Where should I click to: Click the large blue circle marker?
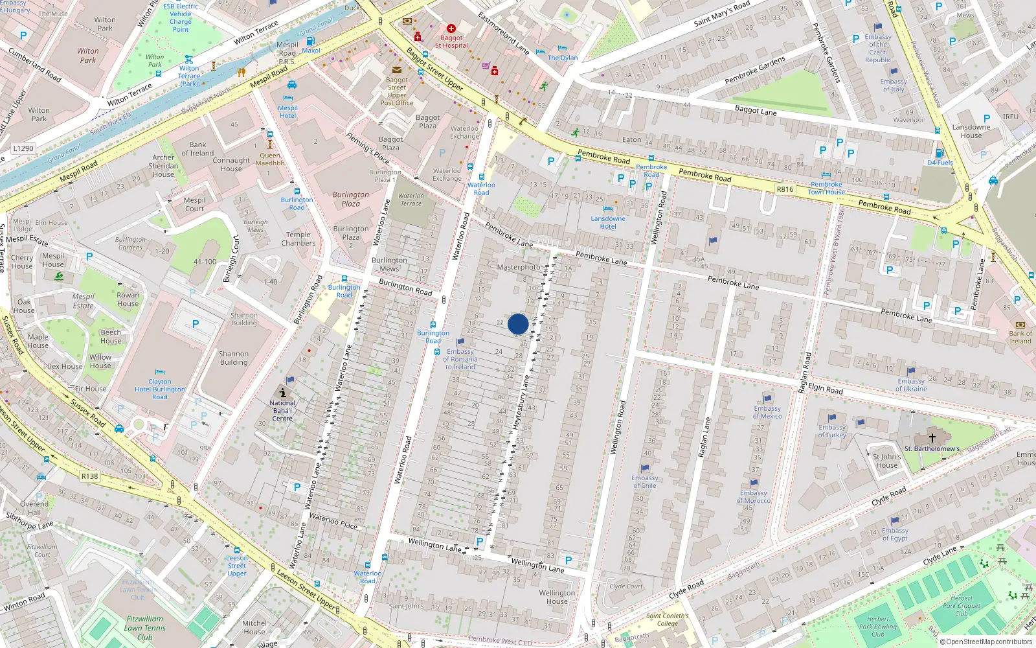pyautogui.click(x=518, y=324)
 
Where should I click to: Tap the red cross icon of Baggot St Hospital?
pyautogui.click(x=451, y=29)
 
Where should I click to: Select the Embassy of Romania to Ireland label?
pyautogui.click(x=460, y=359)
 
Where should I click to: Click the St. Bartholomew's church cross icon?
pyautogui.click(x=932, y=438)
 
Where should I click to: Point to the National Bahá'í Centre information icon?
pyautogui.click(x=283, y=392)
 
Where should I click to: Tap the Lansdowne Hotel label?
pyautogui.click(x=608, y=222)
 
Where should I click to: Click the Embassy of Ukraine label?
pyautogui.click(x=911, y=385)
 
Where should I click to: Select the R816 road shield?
pyautogui.click(x=785, y=189)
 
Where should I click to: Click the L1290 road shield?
pyautogui.click(x=23, y=148)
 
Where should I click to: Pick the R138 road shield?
pyautogui.click(x=89, y=476)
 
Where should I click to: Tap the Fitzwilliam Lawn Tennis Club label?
pyautogui.click(x=144, y=628)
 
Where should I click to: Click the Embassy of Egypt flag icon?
pyautogui.click(x=895, y=520)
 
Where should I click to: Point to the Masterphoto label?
pyautogui.click(x=518, y=267)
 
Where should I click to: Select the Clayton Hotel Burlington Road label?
pyautogui.click(x=160, y=389)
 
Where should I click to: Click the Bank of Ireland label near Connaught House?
pyautogui.click(x=197, y=149)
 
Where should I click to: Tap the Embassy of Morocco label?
pyautogui.click(x=754, y=496)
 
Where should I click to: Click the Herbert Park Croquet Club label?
pyautogui.click(x=962, y=606)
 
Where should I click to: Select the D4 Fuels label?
pyautogui.click(x=940, y=163)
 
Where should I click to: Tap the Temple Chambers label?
pyautogui.click(x=298, y=239)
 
